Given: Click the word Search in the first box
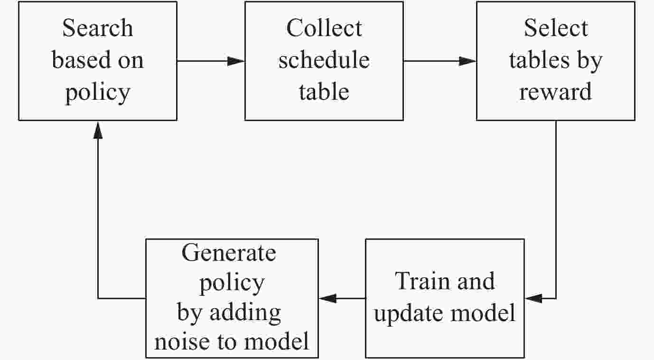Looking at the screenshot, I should click(98, 28).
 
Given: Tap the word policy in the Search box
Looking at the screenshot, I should click(98, 92).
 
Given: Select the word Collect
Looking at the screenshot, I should click(324, 28).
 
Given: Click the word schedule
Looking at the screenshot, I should click(324, 60).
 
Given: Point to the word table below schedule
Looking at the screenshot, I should click(324, 91).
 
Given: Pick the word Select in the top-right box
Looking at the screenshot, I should click(556, 28).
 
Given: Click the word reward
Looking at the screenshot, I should click(556, 91).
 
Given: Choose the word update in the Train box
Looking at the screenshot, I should click(404, 313).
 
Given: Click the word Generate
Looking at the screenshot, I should click(229, 253).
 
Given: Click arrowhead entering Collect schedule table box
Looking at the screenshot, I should click(235, 61).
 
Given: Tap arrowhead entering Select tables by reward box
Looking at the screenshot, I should click(467, 61).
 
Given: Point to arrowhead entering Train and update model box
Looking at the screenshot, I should click(533, 298).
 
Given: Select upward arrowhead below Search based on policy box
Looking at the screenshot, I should click(98, 129).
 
